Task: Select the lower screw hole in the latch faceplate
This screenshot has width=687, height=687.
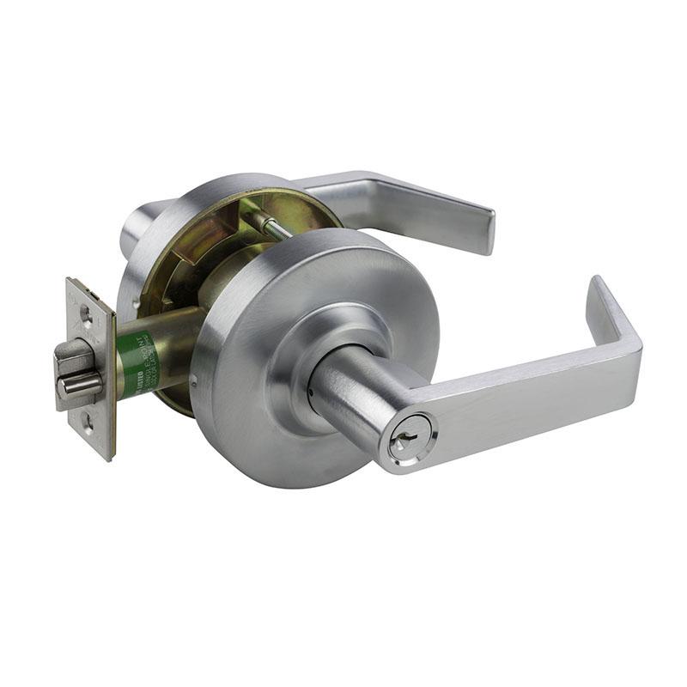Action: point(88,420)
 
